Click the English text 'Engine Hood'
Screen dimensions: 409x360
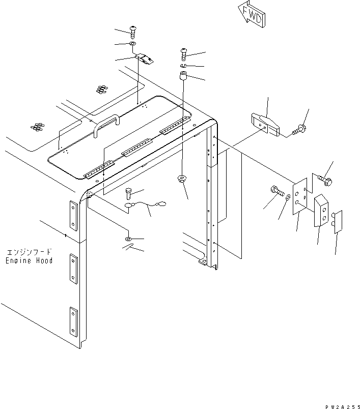pyautogui.click(x=30, y=260)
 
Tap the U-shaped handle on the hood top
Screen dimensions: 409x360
pyautogui.click(x=106, y=124)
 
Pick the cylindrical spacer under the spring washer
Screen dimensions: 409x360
pyautogui.click(x=183, y=80)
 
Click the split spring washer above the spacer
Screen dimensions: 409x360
pyautogui.click(x=184, y=66)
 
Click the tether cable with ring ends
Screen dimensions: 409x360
pyautogui.click(x=148, y=205)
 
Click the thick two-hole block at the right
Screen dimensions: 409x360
pyautogui.click(x=320, y=210)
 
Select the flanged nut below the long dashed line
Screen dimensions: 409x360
pyautogui.click(x=181, y=179)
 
